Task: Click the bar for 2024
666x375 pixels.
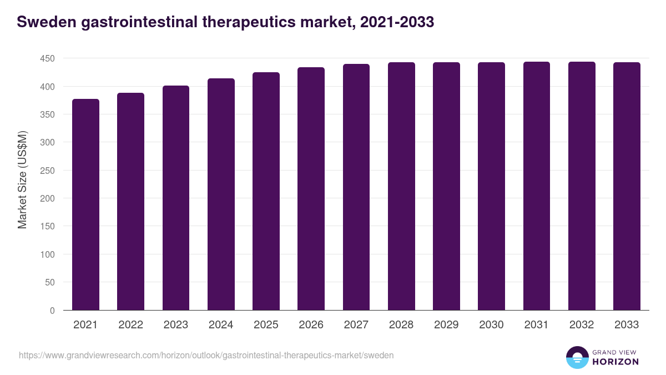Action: [221, 194]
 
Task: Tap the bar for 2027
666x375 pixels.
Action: [356, 187]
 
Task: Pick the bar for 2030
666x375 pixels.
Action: [491, 186]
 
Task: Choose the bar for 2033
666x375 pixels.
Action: [627, 186]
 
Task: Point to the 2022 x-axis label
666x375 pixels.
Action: [130, 325]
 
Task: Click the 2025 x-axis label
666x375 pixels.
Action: [266, 325]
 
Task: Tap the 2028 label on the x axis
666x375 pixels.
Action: [401, 325]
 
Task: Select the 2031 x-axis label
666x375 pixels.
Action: [537, 325]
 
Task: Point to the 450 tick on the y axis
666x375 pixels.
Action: [47, 58]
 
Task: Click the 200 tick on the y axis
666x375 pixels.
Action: [47, 198]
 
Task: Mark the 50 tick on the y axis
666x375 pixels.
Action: [50, 282]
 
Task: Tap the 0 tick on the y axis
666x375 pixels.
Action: [52, 311]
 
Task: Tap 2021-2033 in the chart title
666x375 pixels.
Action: [397, 22]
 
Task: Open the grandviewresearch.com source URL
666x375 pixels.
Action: [206, 355]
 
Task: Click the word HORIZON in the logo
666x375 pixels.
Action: [614, 362]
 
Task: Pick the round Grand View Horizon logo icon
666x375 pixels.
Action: [577, 357]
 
